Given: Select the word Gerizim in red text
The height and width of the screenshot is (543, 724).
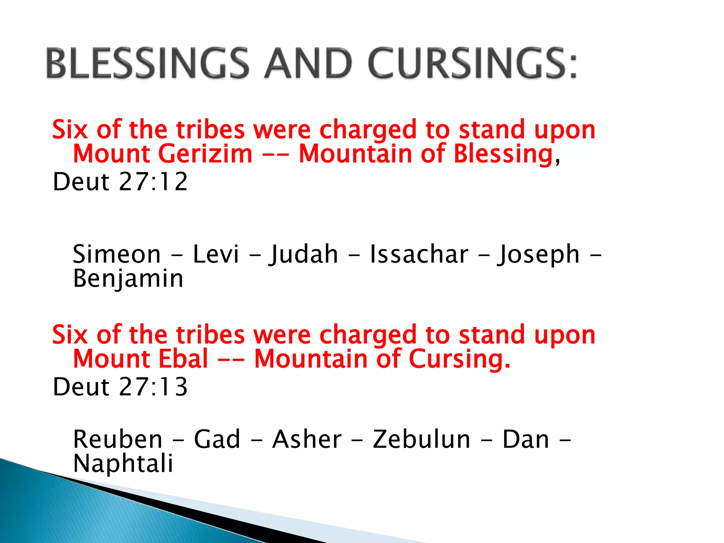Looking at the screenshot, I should (x=205, y=154).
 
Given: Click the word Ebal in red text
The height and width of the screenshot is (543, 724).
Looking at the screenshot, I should (x=183, y=359).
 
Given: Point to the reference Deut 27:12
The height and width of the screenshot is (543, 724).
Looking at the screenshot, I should (x=120, y=182).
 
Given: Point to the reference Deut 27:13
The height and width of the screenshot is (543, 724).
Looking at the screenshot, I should (x=120, y=387).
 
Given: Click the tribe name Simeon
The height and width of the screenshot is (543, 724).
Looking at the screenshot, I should (x=117, y=255).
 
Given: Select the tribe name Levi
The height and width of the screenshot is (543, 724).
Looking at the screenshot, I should (x=216, y=255).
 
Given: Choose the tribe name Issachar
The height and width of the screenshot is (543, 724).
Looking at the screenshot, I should (x=419, y=255).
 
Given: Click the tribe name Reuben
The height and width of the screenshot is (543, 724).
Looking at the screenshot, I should (x=117, y=439).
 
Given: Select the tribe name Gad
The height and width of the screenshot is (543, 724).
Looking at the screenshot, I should (x=217, y=439).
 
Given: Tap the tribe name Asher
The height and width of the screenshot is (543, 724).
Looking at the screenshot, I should (x=307, y=439).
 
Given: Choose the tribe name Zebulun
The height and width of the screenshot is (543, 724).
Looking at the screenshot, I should (x=421, y=439).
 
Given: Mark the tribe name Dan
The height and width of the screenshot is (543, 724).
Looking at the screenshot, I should (x=526, y=439).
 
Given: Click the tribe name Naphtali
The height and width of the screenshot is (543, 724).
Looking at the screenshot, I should (x=123, y=464).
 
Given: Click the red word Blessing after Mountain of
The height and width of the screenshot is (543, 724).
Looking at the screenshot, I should (x=503, y=154).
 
